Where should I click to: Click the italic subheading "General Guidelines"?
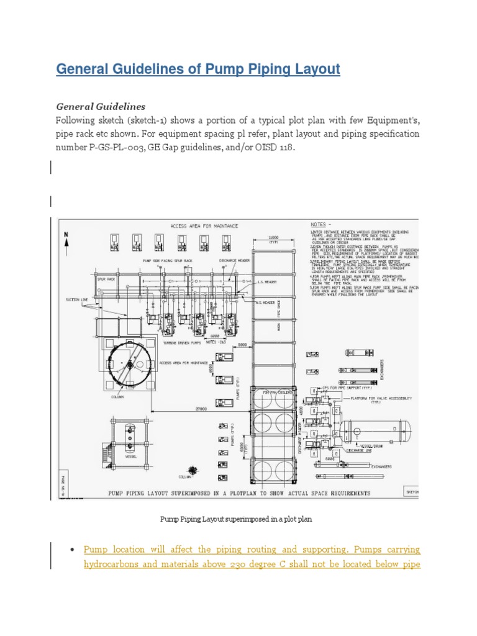pyautogui.click(x=101, y=106)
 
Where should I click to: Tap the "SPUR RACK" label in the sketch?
pyautogui.click(x=107, y=280)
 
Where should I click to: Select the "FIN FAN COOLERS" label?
pyautogui.click(x=275, y=391)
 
